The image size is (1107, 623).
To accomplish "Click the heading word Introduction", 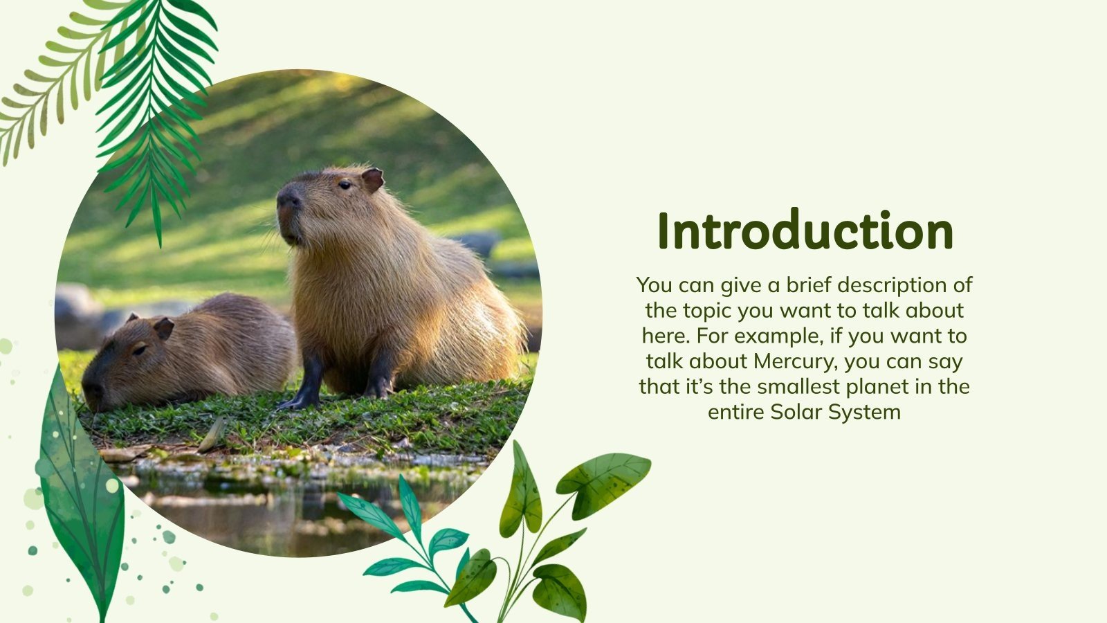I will pos(805,231).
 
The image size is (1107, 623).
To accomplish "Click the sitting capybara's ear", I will pos(372,180).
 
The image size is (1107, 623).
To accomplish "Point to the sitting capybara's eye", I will pos(344,184).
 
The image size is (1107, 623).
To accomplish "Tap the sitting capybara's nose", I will pos(289,201).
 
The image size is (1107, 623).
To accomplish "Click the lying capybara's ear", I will pos(163,327).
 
